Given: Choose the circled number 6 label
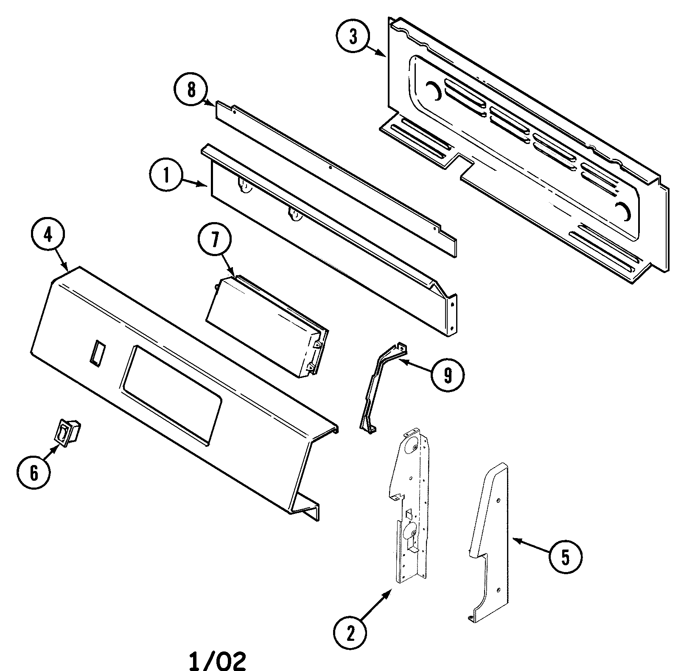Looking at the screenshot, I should pos(34,472).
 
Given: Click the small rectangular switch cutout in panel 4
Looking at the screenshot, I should pos(97,352).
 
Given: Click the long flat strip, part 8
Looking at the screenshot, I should pos(335,178).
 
